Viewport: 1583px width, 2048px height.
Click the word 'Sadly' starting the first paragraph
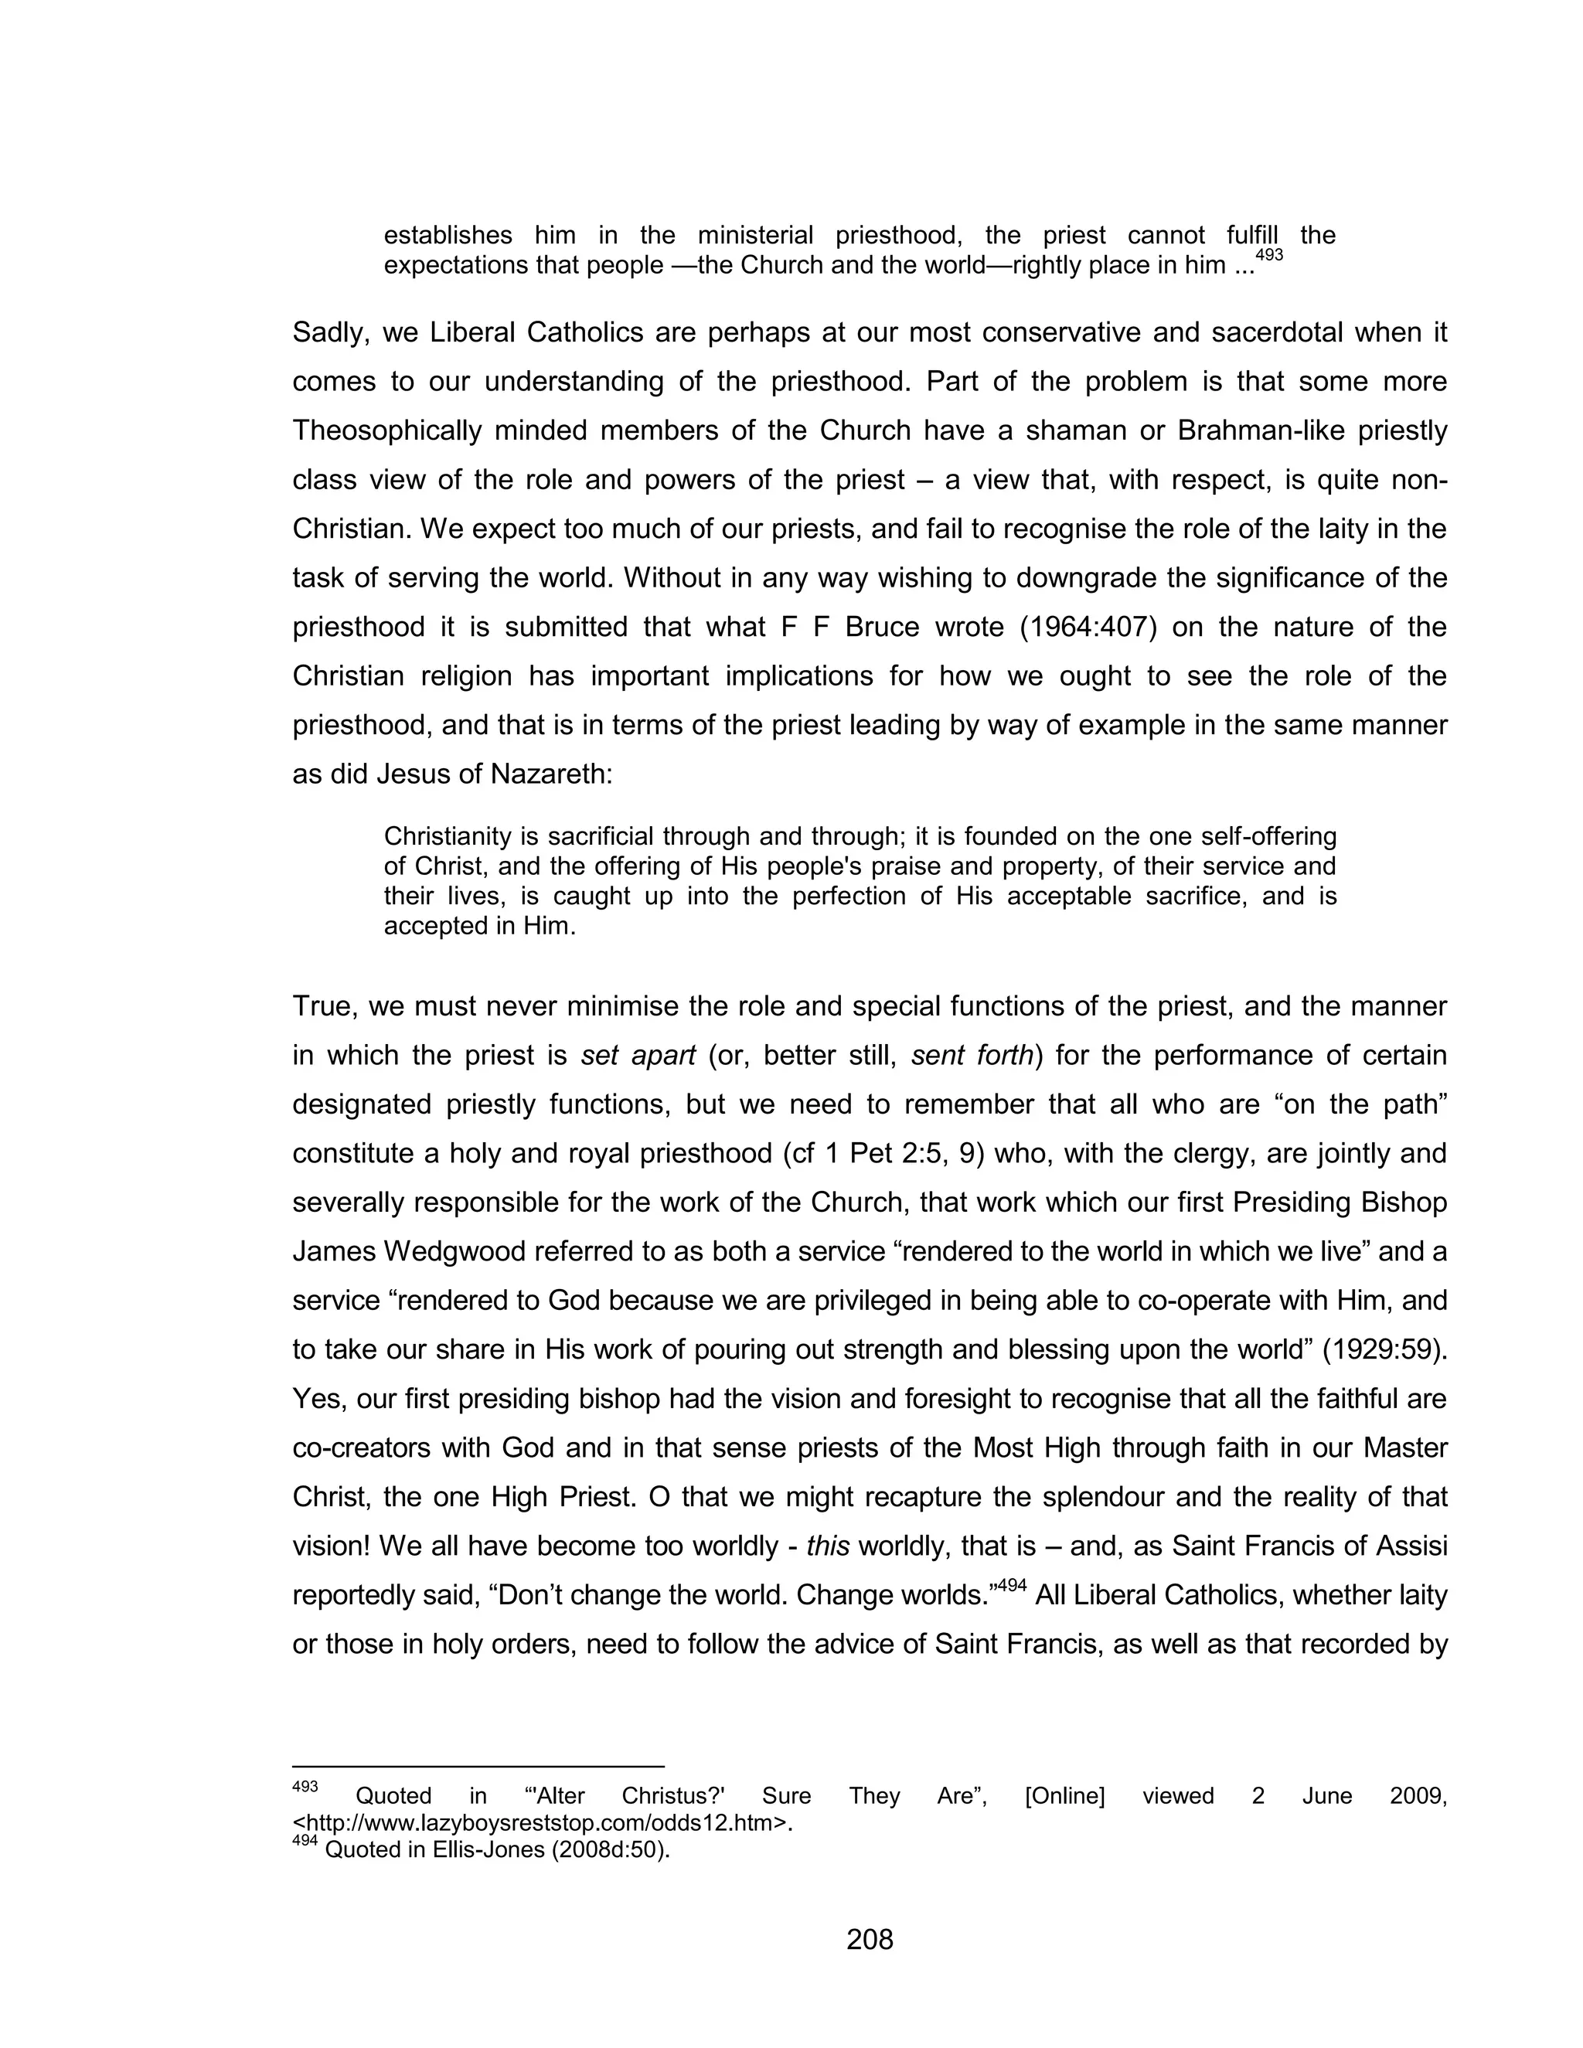[327, 333]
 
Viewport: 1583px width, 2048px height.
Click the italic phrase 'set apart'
[638, 1056]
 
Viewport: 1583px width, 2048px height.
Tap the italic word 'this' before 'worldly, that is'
[827, 1546]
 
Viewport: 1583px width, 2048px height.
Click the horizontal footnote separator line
[478, 1766]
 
